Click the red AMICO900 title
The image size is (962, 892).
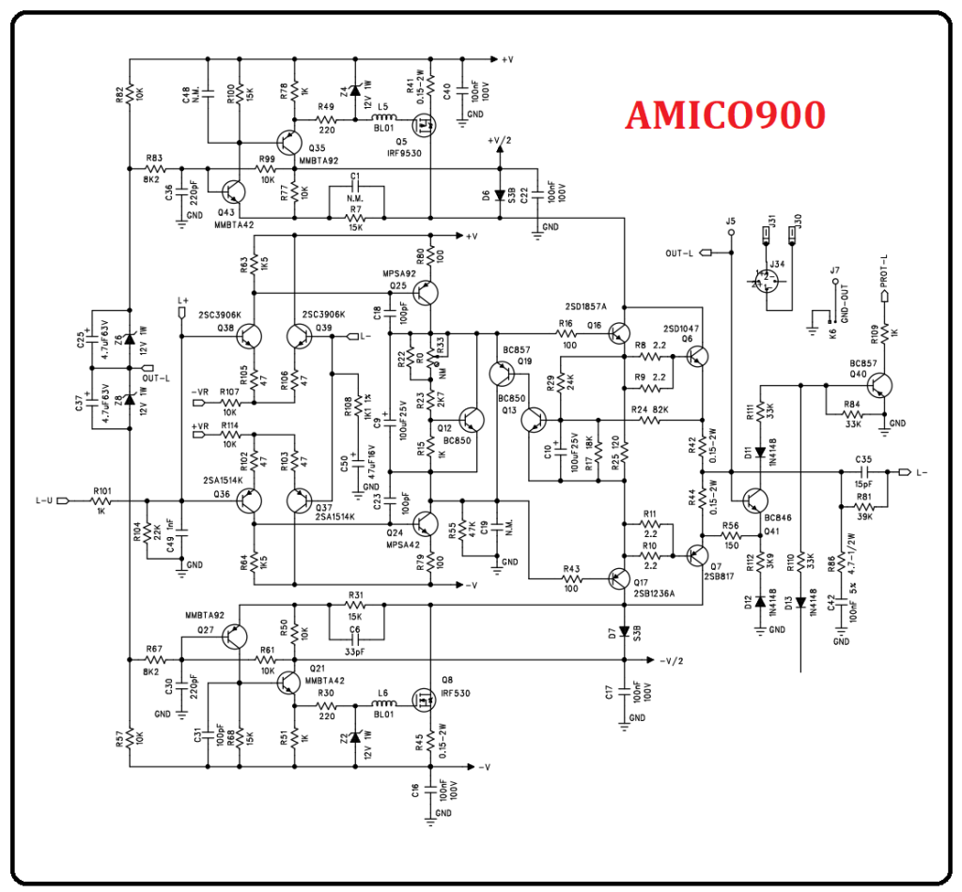coord(725,115)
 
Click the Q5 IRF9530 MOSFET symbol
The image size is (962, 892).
coord(425,121)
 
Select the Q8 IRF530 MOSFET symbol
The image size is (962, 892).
coord(425,700)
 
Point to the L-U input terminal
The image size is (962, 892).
coord(62,500)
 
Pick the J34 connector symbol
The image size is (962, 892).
coord(769,280)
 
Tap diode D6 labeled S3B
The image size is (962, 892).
coord(500,195)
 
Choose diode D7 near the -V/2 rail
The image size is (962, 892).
coord(624,634)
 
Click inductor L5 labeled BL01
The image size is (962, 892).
coord(382,120)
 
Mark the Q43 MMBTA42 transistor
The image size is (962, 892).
coord(234,192)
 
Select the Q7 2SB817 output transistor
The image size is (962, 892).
coord(697,556)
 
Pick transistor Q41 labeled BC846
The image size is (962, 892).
coord(754,503)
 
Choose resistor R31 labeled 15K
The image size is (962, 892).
coord(355,607)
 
